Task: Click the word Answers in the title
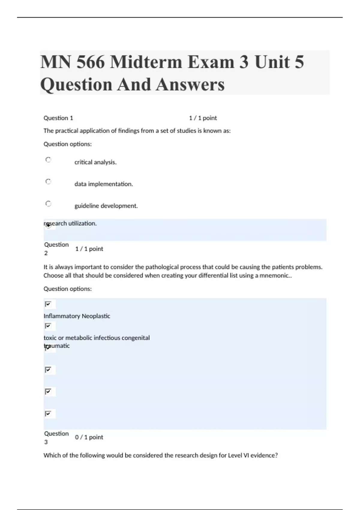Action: click(x=190, y=84)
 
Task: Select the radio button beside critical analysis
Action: click(x=48, y=160)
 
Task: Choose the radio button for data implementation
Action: click(x=48, y=182)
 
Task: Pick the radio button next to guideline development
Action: click(x=48, y=204)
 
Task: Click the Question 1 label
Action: click(x=58, y=118)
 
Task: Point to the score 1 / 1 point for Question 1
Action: click(x=203, y=118)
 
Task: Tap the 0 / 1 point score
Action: click(x=89, y=437)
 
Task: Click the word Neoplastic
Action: click(x=96, y=316)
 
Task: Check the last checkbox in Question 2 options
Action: click(x=48, y=414)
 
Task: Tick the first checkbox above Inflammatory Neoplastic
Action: click(x=48, y=304)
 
